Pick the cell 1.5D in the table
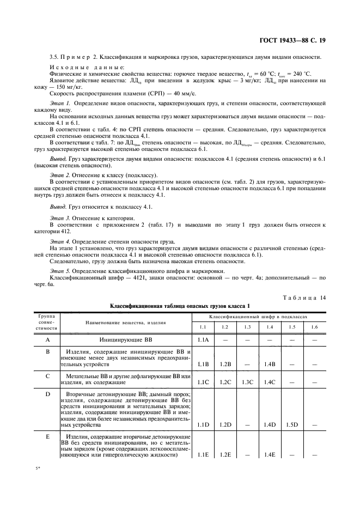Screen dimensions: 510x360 coord(291,424)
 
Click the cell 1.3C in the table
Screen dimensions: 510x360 coord(247,382)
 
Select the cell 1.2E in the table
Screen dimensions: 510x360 coord(225,454)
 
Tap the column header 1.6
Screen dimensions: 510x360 coord(313,327)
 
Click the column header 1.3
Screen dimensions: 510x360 coord(247,327)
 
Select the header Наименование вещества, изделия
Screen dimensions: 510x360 coord(117,323)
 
